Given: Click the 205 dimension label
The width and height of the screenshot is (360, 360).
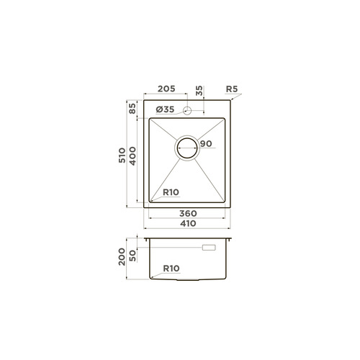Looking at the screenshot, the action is click(x=166, y=89).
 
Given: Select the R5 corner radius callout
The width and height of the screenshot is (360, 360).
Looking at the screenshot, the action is click(x=232, y=89).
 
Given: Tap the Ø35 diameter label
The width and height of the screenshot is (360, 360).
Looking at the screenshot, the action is click(x=165, y=109).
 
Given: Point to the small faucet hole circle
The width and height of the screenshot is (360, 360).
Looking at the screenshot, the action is click(x=187, y=111).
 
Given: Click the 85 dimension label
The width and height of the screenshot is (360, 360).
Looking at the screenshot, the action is click(x=132, y=109).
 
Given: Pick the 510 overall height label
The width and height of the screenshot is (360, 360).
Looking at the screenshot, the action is click(x=122, y=156).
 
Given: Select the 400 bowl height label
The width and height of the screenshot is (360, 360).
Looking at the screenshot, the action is click(x=132, y=156).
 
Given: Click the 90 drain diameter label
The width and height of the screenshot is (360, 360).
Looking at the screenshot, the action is click(x=206, y=143).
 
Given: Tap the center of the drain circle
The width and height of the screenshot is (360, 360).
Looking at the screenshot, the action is click(x=187, y=148).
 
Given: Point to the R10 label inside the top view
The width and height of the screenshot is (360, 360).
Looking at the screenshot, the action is click(x=171, y=192).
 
